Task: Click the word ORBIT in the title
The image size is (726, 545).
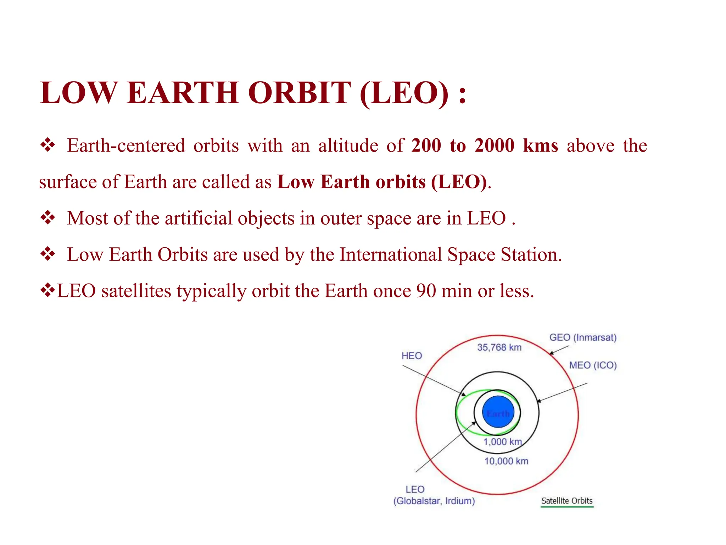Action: tap(300, 93)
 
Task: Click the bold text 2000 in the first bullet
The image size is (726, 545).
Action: tap(494, 146)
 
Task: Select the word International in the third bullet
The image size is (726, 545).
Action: tap(390, 255)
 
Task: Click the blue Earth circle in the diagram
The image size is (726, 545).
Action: tap(498, 412)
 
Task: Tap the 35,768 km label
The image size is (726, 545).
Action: tap(499, 347)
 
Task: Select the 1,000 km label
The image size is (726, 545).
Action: tap(503, 442)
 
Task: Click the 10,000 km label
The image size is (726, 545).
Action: tap(506, 461)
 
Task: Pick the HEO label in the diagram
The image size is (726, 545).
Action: tap(412, 356)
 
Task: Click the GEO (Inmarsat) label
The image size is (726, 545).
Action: tap(583, 337)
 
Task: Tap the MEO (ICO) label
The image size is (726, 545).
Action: tap(593, 365)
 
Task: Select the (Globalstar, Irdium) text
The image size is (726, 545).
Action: tap(434, 501)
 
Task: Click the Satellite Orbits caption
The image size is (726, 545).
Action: tap(567, 501)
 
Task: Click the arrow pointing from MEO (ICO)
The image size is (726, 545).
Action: tap(562, 392)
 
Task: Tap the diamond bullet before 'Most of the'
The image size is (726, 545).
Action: tap(48, 218)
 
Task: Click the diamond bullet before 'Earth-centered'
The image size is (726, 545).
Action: tap(48, 145)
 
